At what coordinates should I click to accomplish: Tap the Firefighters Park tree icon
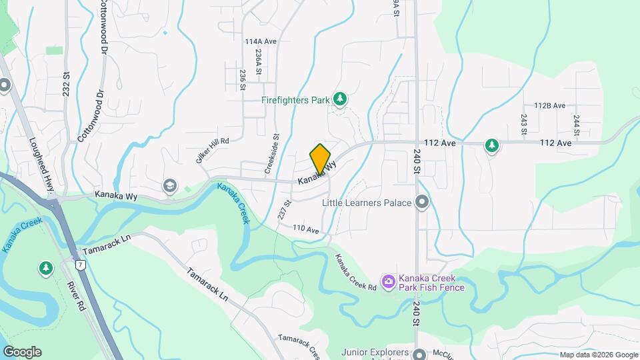[341, 99]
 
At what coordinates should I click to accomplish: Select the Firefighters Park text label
[296, 100]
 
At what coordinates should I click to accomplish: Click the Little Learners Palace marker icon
[421, 201]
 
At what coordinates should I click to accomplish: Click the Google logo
[22, 352]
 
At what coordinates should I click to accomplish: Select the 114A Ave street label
[261, 41]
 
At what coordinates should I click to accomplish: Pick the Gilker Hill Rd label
[212, 141]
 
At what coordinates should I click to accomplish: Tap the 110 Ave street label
[307, 230]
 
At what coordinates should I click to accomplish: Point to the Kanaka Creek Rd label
[355, 272]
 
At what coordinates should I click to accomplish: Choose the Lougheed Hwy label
[41, 165]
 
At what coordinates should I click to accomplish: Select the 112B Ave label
[549, 106]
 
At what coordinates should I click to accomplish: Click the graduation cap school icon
[170, 185]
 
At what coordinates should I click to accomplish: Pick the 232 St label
[67, 85]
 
